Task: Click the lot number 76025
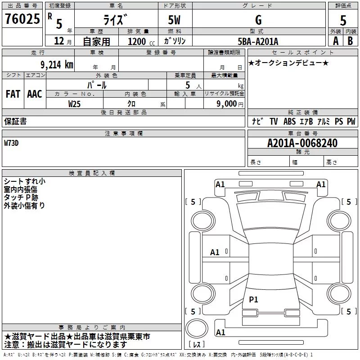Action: coord(22,18)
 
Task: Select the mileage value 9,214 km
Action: coord(57,65)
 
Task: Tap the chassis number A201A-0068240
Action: coord(302,143)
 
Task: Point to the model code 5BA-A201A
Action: coord(258,41)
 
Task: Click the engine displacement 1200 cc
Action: coord(141,41)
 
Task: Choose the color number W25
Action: coord(74,104)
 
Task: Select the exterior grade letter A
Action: coord(336,41)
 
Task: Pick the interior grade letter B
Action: coord(350,41)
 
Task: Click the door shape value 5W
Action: coord(174,20)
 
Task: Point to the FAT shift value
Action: coord(13,94)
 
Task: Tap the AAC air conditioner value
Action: coord(35,94)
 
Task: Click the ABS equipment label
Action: coord(289,121)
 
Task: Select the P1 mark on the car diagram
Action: coord(253,299)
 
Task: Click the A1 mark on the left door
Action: coord(215,252)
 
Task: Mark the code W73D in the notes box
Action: coord(11,143)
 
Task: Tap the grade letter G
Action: coord(258,20)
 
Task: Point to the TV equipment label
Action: coord(274,121)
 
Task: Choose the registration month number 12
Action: coord(59,41)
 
